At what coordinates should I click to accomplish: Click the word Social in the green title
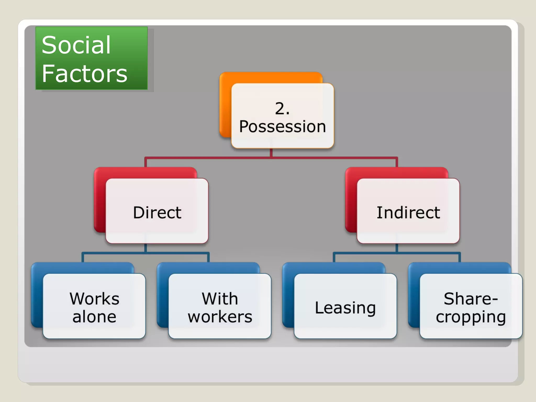pos(76,45)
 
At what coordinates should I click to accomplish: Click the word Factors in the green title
pos(84,74)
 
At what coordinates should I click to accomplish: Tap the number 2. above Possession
pos(282,108)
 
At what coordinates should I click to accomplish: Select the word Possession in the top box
pos(282,127)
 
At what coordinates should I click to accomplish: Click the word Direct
pos(157,212)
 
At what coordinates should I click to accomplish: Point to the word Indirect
pos(408,212)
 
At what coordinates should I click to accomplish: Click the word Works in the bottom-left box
pos(94,299)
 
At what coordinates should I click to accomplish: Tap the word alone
pos(94,317)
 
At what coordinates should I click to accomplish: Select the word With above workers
pos(220,299)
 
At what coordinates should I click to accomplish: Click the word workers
pos(220,317)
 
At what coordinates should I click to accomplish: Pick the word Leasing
pos(345,308)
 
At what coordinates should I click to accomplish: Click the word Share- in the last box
pos(471,299)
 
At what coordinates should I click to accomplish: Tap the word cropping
pos(471,317)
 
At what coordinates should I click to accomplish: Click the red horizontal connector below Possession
pos(209,158)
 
